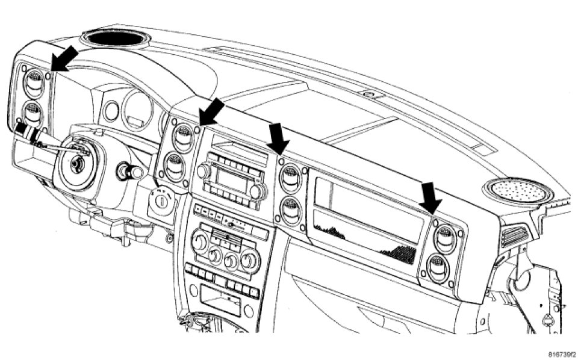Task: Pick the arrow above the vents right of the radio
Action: click(x=278, y=138)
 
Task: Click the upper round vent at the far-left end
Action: click(x=35, y=82)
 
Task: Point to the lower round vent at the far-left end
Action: click(x=34, y=113)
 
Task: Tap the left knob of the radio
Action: click(x=203, y=171)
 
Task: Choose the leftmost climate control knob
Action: click(x=199, y=244)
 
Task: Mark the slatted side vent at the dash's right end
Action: click(x=513, y=237)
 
